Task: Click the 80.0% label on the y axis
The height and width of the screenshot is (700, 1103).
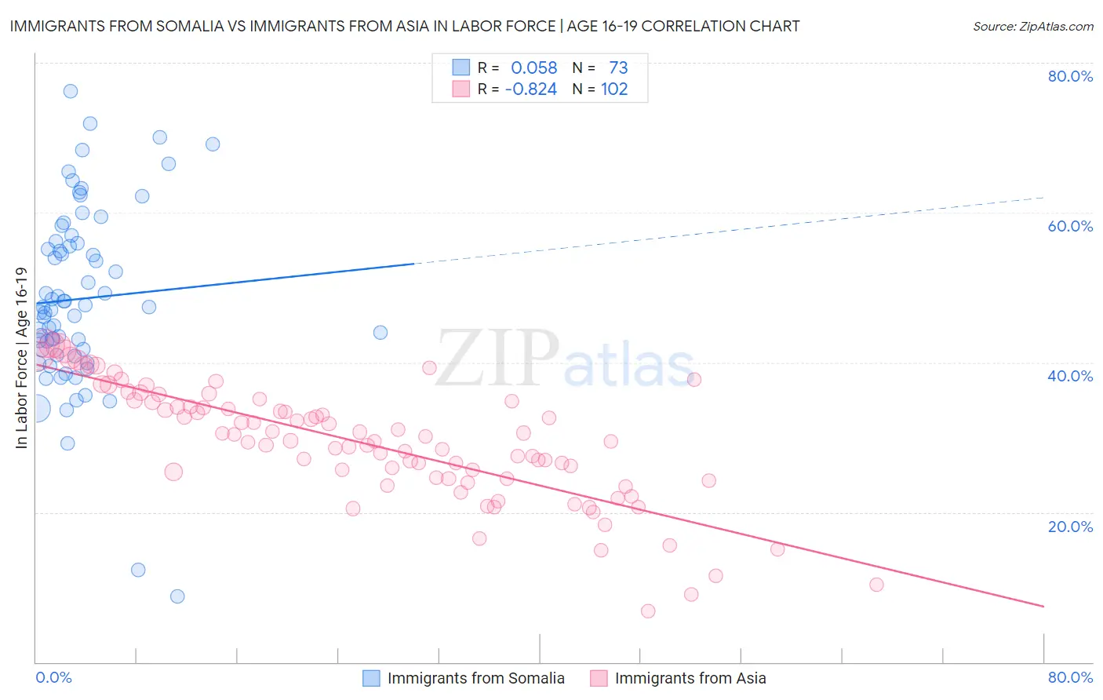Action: click(1070, 76)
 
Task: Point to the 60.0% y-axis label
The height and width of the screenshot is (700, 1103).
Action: click(1070, 226)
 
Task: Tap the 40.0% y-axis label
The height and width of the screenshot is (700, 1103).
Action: click(1070, 376)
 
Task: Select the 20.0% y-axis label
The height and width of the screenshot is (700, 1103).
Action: click(1070, 526)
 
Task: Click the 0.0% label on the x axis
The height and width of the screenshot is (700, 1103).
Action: click(53, 677)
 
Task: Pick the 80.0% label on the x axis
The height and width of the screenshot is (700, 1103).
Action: click(1070, 677)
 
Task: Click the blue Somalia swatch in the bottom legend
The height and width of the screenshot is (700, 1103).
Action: click(371, 678)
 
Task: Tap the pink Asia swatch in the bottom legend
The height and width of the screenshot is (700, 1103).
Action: click(599, 678)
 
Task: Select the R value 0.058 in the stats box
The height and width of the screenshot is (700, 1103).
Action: click(533, 68)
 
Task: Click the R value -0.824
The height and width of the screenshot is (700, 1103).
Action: click(530, 89)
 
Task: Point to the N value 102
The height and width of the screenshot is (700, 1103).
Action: click(614, 89)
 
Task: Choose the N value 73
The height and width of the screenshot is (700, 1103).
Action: click(618, 68)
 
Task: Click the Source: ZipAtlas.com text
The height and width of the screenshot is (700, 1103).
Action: click(1032, 27)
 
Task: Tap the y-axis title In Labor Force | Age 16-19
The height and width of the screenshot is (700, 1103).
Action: click(22, 358)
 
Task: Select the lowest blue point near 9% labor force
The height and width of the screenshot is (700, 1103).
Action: click(177, 596)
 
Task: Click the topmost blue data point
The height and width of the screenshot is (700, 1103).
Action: click(71, 91)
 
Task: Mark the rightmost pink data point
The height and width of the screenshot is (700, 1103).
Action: click(876, 585)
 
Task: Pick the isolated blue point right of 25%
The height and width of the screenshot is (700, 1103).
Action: click(380, 333)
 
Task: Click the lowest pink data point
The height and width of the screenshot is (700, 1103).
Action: click(648, 611)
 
